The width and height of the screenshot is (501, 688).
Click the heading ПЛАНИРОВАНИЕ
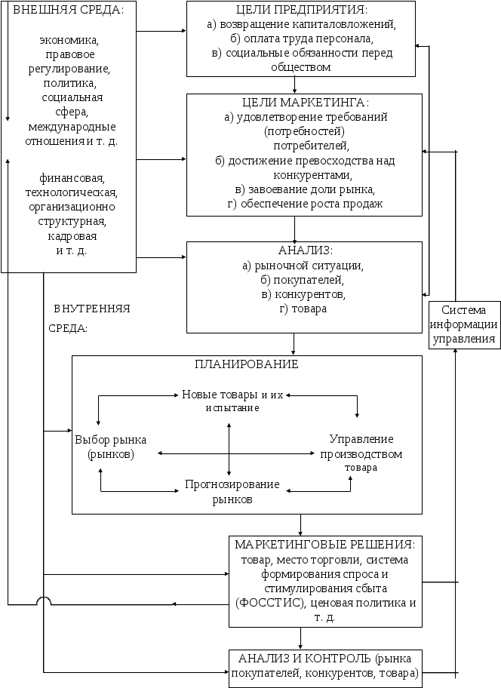point(247,364)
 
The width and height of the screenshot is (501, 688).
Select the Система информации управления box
point(463,324)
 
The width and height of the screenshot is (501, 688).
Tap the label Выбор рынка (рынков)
point(111,447)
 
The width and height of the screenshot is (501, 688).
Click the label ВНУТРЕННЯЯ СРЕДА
point(92,318)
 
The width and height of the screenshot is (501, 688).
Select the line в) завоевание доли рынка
point(305,189)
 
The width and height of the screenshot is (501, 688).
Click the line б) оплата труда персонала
point(302,38)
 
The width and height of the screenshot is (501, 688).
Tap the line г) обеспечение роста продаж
point(305,204)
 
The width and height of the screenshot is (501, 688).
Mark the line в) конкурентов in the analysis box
point(303,294)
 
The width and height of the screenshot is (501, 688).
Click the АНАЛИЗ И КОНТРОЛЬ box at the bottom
point(325,665)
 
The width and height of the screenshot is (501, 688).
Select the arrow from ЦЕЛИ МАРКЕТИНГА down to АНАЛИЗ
point(295,229)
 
